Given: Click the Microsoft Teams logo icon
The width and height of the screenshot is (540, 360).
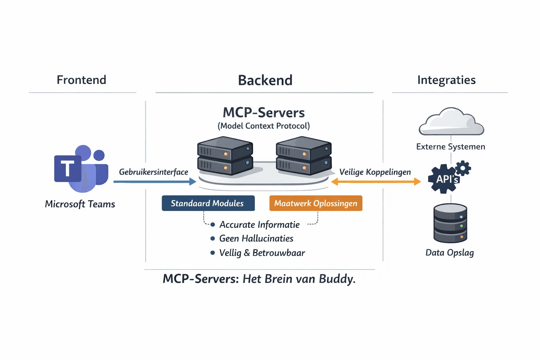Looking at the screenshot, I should pyautogui.click(x=81, y=168).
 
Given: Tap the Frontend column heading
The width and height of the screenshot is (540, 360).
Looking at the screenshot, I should pyautogui.click(x=82, y=80).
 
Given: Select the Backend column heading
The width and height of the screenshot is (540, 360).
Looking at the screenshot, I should pyautogui.click(x=265, y=81).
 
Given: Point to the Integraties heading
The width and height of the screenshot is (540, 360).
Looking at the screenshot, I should pyautogui.click(x=446, y=80).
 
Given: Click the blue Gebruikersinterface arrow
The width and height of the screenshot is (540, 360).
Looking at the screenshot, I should pyautogui.click(x=155, y=182).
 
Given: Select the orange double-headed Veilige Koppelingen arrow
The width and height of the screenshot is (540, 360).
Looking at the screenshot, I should pyautogui.click(x=376, y=182).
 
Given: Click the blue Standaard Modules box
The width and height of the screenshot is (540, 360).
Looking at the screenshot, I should pyautogui.click(x=208, y=204).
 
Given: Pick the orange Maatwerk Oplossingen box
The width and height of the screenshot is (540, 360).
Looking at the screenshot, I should pyautogui.click(x=315, y=204).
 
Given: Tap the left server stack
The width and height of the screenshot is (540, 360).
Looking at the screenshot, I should pyautogui.click(x=225, y=156).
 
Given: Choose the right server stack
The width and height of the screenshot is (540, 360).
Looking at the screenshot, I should pyautogui.click(x=304, y=156).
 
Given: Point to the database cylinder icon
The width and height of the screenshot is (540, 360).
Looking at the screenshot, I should pyautogui.click(x=450, y=223).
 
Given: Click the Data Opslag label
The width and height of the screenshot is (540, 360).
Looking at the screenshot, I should pyautogui.click(x=450, y=253).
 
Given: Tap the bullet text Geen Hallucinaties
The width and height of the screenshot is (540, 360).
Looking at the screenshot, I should pyautogui.click(x=256, y=239).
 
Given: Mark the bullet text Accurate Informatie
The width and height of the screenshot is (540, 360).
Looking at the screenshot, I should pyautogui.click(x=259, y=225).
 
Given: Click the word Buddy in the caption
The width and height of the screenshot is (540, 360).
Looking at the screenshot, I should pyautogui.click(x=337, y=279).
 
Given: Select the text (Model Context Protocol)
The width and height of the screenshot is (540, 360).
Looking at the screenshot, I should pyautogui.click(x=264, y=126).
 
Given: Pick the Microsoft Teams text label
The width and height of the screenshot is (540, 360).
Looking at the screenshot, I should pyautogui.click(x=80, y=204).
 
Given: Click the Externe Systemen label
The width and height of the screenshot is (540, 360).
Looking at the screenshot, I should pyautogui.click(x=450, y=147).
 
